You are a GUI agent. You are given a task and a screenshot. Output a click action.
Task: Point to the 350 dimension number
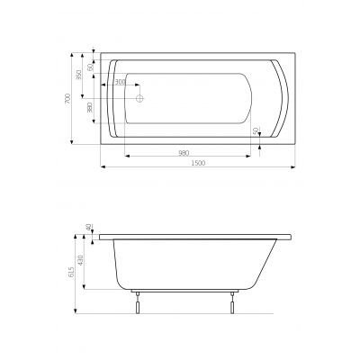tap(79, 75)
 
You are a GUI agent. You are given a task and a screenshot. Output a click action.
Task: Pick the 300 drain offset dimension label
tap(120, 83)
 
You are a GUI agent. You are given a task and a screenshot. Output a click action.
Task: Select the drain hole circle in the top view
tap(139, 98)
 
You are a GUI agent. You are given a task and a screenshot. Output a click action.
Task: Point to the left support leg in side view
tap(137, 301)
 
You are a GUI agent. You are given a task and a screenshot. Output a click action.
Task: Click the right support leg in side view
tap(233, 301)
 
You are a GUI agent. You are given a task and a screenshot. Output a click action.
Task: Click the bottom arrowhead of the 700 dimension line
tap(72, 143)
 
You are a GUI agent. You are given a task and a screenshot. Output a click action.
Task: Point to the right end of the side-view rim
tap(296, 237)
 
